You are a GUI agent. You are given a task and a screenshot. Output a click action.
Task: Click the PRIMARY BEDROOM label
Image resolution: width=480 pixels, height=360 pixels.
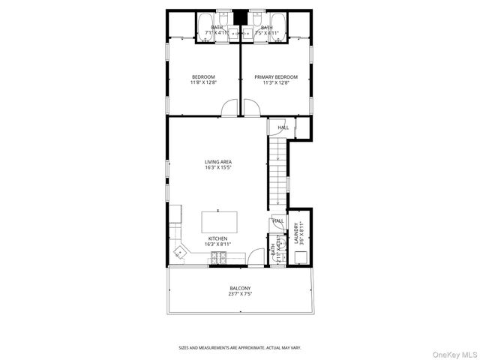click(275, 76)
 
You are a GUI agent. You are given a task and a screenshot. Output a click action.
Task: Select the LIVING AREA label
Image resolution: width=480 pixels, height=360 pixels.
click(217, 161)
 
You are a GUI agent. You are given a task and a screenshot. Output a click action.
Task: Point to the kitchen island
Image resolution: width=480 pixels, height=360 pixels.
click(219, 222)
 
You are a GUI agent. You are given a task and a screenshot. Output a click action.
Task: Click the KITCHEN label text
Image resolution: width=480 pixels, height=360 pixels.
click(217, 238)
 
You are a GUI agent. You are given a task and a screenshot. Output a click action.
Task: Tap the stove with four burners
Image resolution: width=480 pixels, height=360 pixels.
click(219, 259)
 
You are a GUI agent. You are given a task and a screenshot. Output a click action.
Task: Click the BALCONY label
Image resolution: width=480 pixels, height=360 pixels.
click(239, 288)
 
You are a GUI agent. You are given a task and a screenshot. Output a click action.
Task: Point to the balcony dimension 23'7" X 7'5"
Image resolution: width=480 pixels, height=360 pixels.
click(239, 294)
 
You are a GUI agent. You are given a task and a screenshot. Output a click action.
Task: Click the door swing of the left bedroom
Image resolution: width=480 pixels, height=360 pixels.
click(229, 110)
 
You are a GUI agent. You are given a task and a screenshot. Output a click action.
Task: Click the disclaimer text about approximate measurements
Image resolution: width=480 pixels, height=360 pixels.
click(239, 348)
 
